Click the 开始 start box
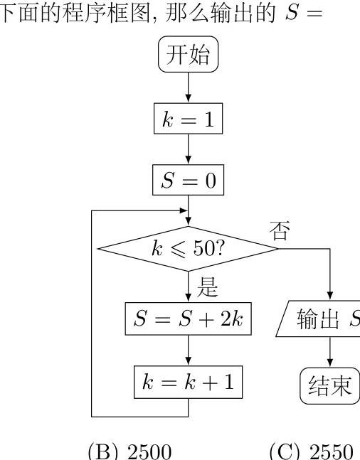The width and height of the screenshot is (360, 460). [189, 54]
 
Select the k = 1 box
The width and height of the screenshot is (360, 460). [189, 119]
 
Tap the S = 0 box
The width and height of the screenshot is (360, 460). [189, 180]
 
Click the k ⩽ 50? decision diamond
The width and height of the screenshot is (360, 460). [188, 249]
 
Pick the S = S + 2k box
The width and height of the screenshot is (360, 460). [189, 319]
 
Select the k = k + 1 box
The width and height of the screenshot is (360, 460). [189, 382]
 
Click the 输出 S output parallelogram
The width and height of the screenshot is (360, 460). [319, 319]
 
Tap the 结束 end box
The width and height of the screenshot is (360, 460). [329, 386]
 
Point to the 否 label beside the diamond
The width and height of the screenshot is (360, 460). [280, 231]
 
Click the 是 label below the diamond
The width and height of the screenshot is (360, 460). [207, 287]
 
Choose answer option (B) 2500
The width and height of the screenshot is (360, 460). [129, 451]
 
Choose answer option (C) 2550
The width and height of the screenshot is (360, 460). [311, 451]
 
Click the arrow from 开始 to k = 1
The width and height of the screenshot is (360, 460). [189, 87]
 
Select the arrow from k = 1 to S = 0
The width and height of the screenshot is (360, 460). [189, 149]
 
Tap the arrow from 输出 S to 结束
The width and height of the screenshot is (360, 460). [329, 352]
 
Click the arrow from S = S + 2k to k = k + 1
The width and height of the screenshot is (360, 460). [189, 351]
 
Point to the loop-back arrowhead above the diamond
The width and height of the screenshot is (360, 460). [184, 210]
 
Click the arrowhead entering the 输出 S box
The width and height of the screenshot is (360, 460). [329, 296]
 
